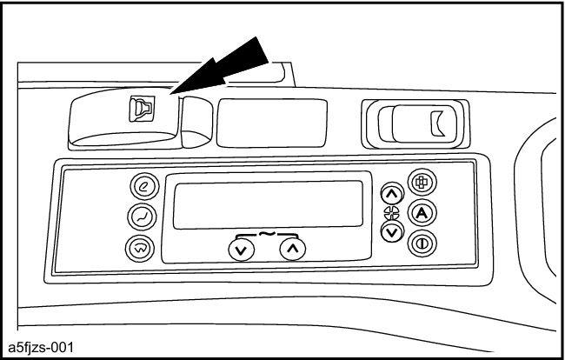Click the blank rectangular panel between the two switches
point(272,121)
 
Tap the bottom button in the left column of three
point(139,247)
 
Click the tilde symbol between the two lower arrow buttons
point(267,233)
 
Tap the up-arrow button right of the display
point(392,197)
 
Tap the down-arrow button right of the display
point(392,231)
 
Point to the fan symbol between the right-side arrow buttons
point(392,214)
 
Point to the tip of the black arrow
point(172,93)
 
